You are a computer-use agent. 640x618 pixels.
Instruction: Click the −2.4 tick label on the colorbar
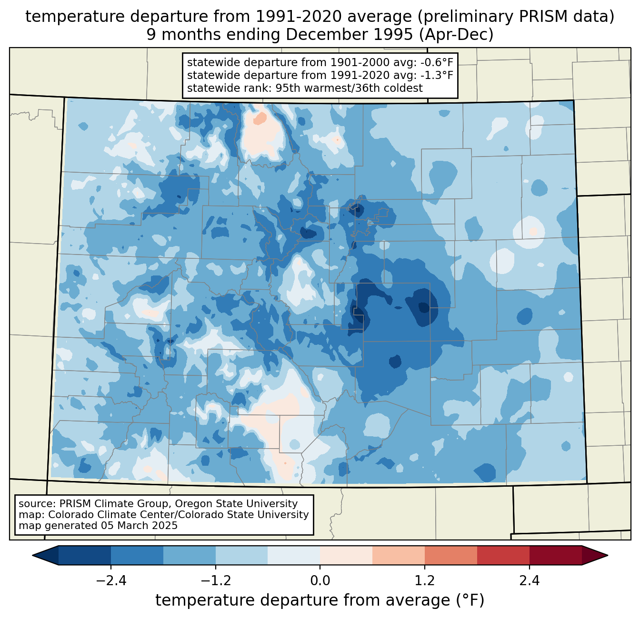tap(111, 581)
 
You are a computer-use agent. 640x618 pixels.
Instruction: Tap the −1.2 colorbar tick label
tap(215, 581)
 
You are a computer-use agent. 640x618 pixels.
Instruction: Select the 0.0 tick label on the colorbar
tap(320, 581)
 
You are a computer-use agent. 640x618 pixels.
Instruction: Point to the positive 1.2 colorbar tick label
tap(425, 581)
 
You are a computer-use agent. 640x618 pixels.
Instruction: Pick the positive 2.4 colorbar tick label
tap(529, 581)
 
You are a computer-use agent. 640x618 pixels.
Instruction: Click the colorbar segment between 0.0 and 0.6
tap(346, 555)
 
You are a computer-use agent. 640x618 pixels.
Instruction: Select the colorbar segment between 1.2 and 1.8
tap(450, 555)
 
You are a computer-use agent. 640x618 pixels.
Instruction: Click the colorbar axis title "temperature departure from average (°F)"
tap(320, 600)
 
